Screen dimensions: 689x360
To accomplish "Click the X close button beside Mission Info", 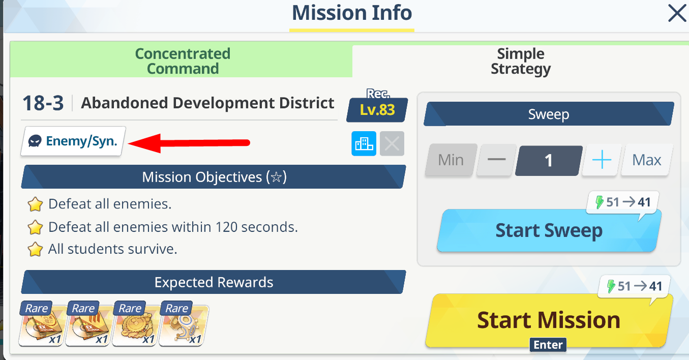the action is pyautogui.click(x=677, y=13).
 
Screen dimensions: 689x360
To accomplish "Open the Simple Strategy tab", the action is pyautogui.click(x=521, y=61).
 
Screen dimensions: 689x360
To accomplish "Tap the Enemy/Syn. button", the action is pyautogui.click(x=73, y=141).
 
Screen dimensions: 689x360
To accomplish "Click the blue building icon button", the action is pyautogui.click(x=364, y=144).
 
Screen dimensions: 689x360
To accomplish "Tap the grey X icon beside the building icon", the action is pyautogui.click(x=392, y=144).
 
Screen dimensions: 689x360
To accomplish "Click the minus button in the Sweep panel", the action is pyautogui.click(x=496, y=160).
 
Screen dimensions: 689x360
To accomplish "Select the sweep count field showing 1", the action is pyautogui.click(x=549, y=160).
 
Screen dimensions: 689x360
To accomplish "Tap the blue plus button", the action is pyautogui.click(x=602, y=160).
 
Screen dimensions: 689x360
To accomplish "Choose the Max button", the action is pyautogui.click(x=646, y=160).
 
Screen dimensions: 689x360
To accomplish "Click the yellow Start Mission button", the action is pyautogui.click(x=548, y=320).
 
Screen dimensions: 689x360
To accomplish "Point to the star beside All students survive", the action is pyautogui.click(x=35, y=249).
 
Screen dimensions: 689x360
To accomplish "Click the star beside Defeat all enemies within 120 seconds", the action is pyautogui.click(x=35, y=227).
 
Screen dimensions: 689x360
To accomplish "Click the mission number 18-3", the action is pyautogui.click(x=43, y=103).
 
